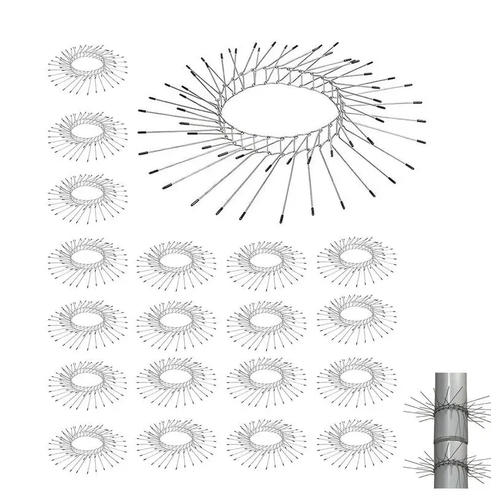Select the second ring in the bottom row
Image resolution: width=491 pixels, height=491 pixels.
(177, 439)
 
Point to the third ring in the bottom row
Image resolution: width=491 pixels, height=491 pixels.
(266, 439)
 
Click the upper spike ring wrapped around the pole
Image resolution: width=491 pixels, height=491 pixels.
(449, 408)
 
